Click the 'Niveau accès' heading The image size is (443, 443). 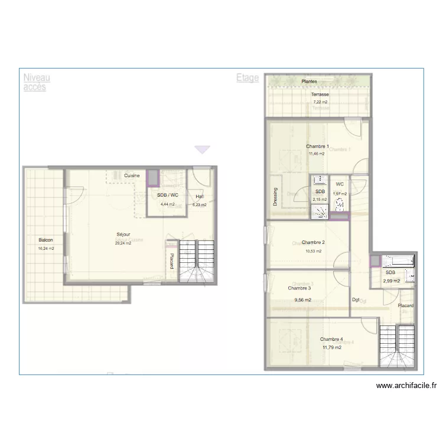coord(37,82)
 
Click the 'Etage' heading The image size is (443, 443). coord(247,77)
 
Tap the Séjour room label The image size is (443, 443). coord(123,235)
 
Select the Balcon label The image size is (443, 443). coord(45,240)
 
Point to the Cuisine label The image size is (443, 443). coord(132,175)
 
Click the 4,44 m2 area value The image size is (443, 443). coord(168,204)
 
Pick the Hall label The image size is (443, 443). coord(200,196)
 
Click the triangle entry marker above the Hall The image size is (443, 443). coord(203,150)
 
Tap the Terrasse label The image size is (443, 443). coord(320,95)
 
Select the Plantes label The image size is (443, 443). coord(309,82)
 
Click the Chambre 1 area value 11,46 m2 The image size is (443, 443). coord(316,154)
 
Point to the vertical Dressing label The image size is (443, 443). coord(275,197)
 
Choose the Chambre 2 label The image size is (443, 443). coord(313,242)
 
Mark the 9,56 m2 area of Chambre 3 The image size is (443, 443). coord(302,299)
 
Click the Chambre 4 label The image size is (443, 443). coord(331,339)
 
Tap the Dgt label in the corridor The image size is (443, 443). coord(356,300)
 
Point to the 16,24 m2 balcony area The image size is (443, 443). coord(45,249)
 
